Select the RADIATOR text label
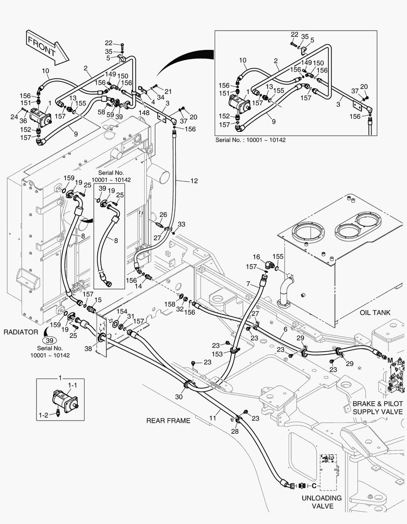[21, 332]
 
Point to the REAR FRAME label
[169, 420]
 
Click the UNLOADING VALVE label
[322, 502]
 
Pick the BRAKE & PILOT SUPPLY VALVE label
[378, 408]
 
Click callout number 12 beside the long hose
[194, 181]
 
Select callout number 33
[181, 224]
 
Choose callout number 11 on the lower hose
[212, 417]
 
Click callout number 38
[88, 348]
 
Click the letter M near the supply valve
[390, 359]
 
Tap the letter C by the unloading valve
[314, 485]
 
